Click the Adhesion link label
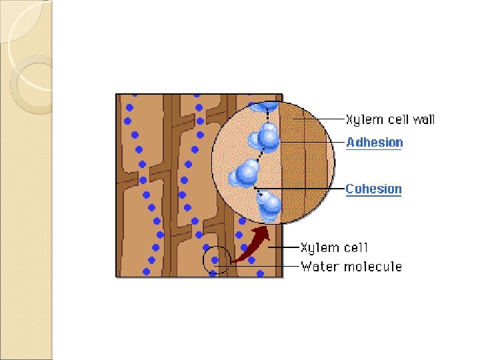(x=375, y=142)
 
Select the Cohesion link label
(x=373, y=189)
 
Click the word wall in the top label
(x=422, y=120)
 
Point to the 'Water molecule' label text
(x=351, y=267)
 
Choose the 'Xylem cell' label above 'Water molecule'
(x=334, y=248)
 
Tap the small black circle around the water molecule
(x=216, y=259)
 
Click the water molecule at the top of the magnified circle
(x=264, y=105)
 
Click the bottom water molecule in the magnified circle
(x=270, y=205)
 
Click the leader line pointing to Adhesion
(x=313, y=142)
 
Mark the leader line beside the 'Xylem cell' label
(x=287, y=248)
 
